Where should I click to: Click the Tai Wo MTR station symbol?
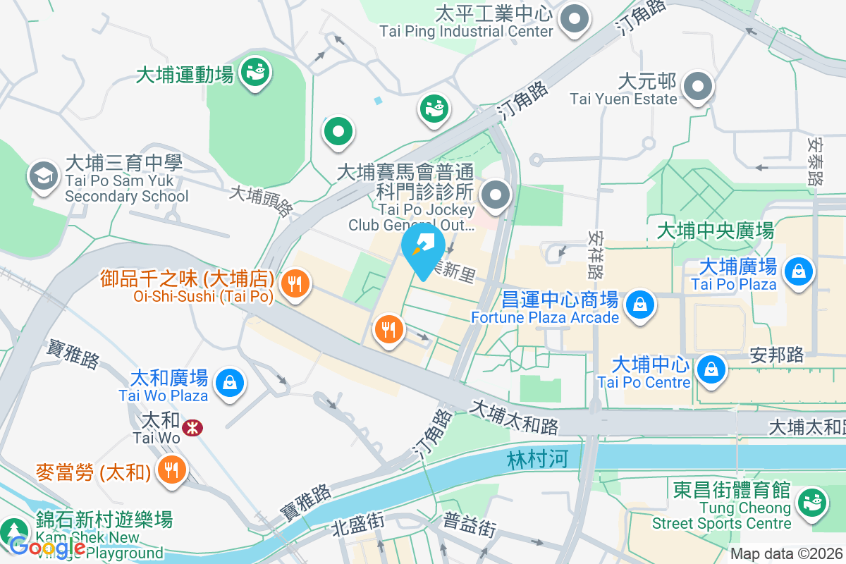pyautogui.click(x=191, y=427)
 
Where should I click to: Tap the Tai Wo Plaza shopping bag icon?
pyautogui.click(x=230, y=383)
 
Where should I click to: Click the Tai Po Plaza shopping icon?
pyautogui.click(x=798, y=271)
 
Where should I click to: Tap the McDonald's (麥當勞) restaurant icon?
pyautogui.click(x=171, y=468)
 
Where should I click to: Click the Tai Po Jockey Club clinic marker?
pyautogui.click(x=496, y=195)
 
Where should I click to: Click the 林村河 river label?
pyautogui.click(x=537, y=460)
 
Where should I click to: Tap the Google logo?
pyautogui.click(x=47, y=546)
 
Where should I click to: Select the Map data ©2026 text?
pyautogui.click(x=785, y=554)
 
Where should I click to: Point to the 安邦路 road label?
pyautogui.click(x=777, y=354)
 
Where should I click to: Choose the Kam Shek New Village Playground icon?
pyautogui.click(x=13, y=530)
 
